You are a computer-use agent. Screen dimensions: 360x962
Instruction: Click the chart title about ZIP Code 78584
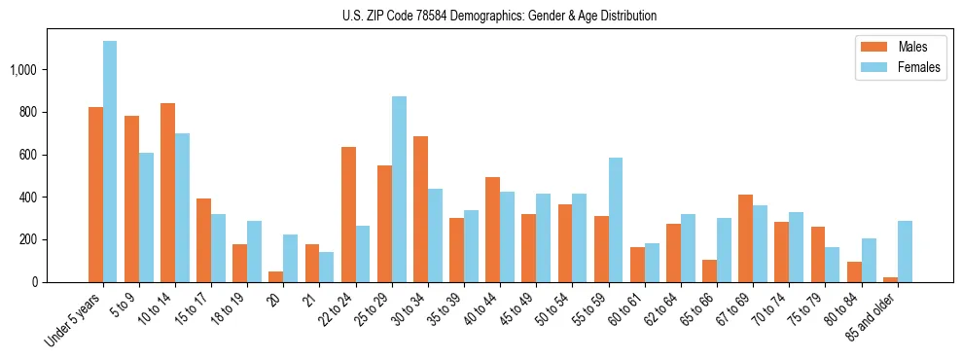(499, 16)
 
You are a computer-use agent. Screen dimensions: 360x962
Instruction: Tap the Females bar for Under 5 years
(110, 162)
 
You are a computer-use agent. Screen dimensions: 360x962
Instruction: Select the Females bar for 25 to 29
(399, 190)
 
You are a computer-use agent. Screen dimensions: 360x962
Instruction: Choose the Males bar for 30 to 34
(420, 209)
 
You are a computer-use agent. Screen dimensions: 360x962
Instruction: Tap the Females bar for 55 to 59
(615, 220)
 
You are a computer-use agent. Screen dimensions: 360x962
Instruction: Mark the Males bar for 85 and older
(890, 279)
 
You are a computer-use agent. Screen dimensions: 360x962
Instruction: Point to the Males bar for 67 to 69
(745, 238)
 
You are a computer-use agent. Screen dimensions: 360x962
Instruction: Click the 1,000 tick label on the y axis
(23, 70)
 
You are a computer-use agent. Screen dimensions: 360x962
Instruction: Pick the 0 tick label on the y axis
(35, 282)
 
